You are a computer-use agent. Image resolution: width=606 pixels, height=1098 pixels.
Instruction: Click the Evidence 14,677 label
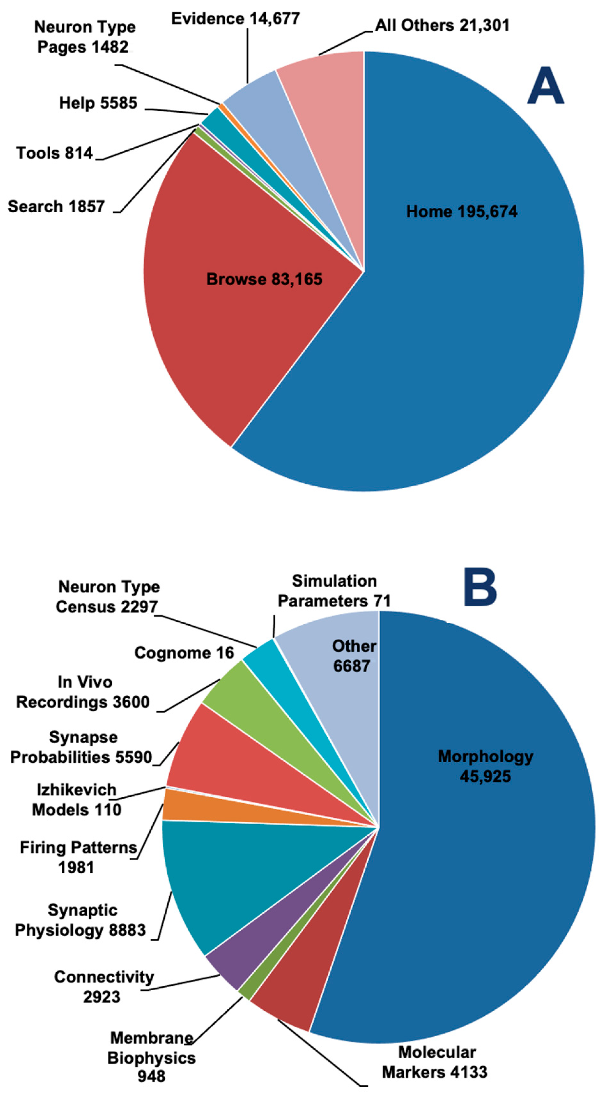tap(235, 19)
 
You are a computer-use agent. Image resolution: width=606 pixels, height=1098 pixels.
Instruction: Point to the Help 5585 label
tap(98, 103)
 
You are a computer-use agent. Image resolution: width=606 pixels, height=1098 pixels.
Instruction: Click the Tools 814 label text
tap(54, 153)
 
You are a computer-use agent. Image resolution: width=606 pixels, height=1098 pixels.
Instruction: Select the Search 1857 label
tap(56, 207)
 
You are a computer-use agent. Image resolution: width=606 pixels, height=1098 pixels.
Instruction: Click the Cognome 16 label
tap(184, 653)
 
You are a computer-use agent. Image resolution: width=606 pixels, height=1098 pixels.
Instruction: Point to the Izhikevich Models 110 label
tap(77, 800)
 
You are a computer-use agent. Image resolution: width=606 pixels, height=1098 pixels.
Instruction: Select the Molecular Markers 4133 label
tap(435, 1062)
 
